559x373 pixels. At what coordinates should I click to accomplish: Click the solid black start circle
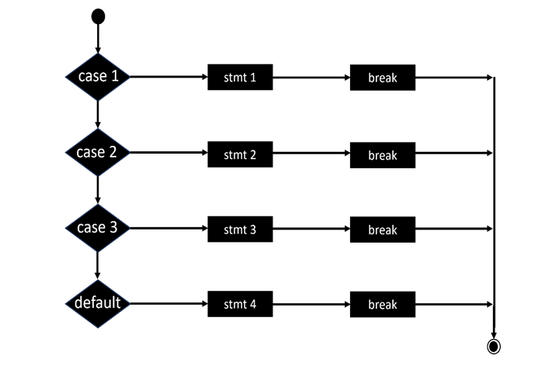pyautogui.click(x=98, y=16)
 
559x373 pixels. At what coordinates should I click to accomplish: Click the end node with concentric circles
pyautogui.click(x=493, y=346)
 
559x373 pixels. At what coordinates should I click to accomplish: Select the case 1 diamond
pyautogui.click(x=98, y=77)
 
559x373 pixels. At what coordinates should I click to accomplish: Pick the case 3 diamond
pyautogui.click(x=98, y=229)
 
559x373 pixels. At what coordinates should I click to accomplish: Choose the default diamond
pyautogui.click(x=98, y=303)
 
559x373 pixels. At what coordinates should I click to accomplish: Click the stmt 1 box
pyautogui.click(x=240, y=78)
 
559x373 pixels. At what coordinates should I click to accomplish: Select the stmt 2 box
pyautogui.click(x=240, y=154)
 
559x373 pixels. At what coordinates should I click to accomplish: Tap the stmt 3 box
pyautogui.click(x=240, y=230)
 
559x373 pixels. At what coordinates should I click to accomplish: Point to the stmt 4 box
pyautogui.click(x=240, y=304)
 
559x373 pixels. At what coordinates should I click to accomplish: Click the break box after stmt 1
pyautogui.click(x=383, y=78)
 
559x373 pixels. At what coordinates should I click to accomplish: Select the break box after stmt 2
pyautogui.click(x=383, y=154)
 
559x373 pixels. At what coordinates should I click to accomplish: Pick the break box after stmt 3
pyautogui.click(x=383, y=230)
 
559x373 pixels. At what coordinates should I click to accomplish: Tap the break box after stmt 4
pyautogui.click(x=383, y=304)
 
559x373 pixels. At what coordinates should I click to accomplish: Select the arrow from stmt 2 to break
pyautogui.click(x=311, y=154)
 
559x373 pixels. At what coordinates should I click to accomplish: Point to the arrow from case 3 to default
pyautogui.click(x=98, y=267)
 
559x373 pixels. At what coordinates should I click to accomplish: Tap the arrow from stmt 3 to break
pyautogui.click(x=311, y=230)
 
